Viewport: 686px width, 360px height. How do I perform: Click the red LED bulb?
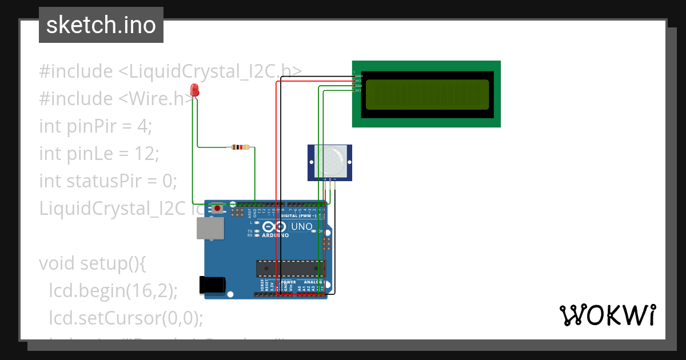195,90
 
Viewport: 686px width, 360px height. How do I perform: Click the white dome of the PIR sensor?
330,162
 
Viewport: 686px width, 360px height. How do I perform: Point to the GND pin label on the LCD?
359,76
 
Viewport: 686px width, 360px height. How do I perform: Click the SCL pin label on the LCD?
358,90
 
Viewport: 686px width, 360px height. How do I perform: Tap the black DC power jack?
212,285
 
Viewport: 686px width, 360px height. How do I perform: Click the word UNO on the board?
302,227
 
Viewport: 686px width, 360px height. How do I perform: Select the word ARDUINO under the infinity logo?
276,235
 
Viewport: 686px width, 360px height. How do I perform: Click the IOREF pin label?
262,286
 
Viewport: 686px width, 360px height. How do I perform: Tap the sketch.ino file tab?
101,25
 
